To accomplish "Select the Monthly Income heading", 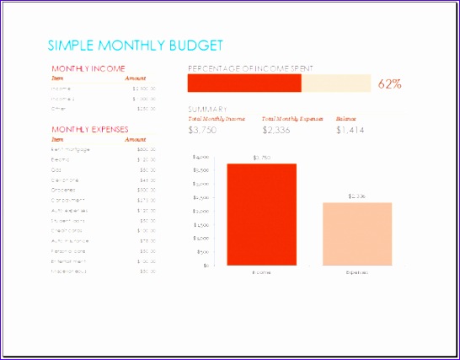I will coord(88,68).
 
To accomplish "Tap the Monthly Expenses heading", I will coord(90,129).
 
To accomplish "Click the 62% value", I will coord(389,83).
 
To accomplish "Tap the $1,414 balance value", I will coord(350,130).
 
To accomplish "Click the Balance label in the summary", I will coord(346,119).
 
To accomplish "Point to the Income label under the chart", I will coord(261,273).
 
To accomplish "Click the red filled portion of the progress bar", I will coord(243,83).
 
